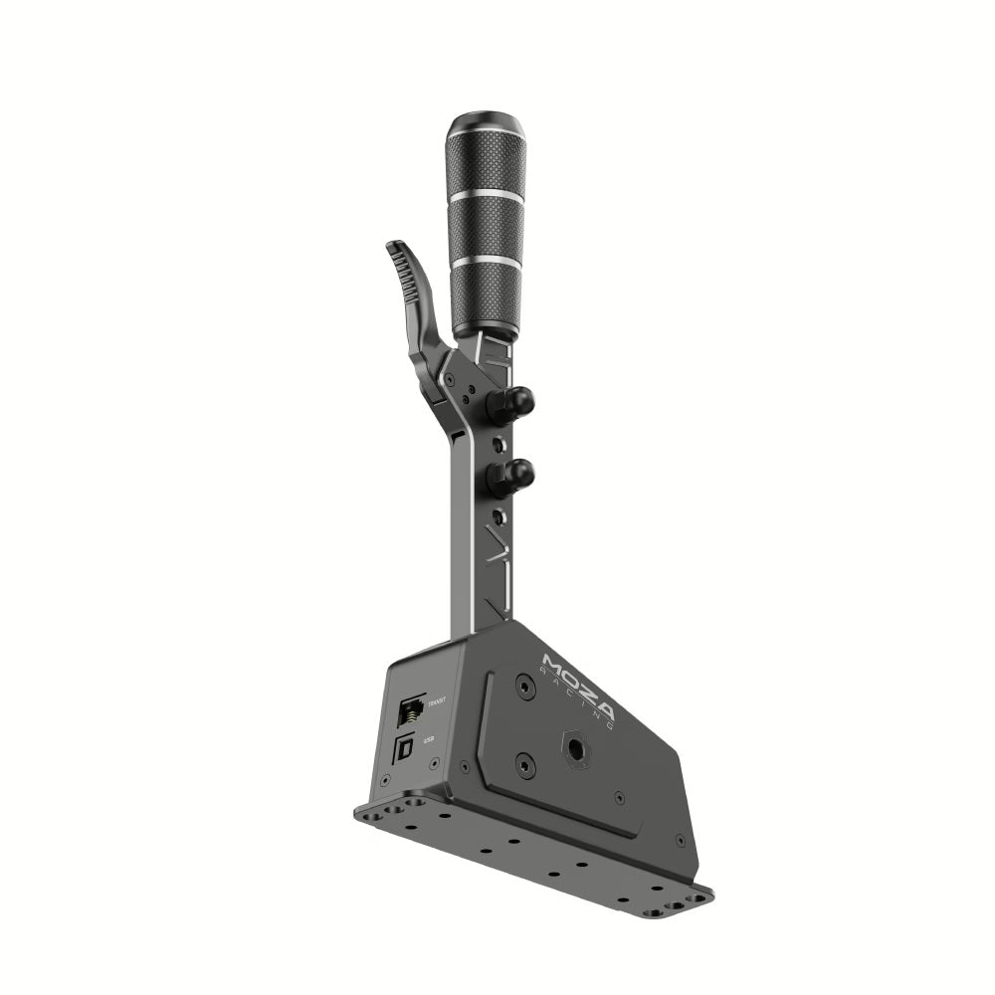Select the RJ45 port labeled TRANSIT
(410, 710)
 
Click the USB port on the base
(405, 749)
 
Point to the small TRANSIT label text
(435, 703)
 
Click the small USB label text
(429, 739)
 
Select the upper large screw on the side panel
(524, 686)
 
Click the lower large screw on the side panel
(525, 764)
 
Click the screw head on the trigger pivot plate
(450, 379)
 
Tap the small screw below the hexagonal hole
(619, 797)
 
